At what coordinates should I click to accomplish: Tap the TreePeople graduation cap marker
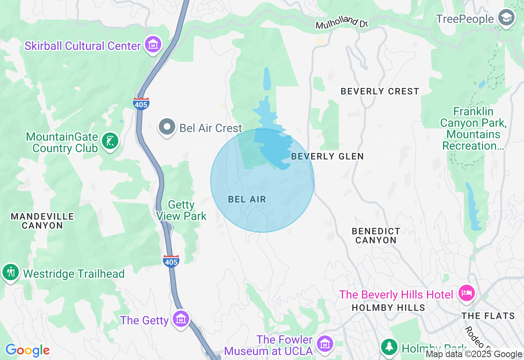pos(506,18)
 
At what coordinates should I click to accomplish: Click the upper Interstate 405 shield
pos(141,103)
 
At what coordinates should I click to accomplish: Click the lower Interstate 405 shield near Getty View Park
pos(171,261)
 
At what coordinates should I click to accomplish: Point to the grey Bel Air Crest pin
pos(167,127)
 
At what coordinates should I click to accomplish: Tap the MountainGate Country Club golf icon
pos(110,141)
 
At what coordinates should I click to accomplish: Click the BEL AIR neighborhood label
pos(247,199)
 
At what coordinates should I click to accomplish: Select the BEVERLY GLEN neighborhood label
pos(327,156)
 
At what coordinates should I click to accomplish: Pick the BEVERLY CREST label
pos(379,91)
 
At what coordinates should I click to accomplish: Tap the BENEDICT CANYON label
pos(376,236)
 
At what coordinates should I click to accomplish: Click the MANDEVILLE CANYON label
pos(42,220)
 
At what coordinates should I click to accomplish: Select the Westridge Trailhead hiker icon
pos(11,272)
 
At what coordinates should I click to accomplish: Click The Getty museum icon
pos(181,318)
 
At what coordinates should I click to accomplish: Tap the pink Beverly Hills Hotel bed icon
pos(467,293)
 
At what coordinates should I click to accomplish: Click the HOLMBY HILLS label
pos(388,307)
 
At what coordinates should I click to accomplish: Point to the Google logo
pos(27,350)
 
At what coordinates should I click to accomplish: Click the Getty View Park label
pos(181,210)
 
